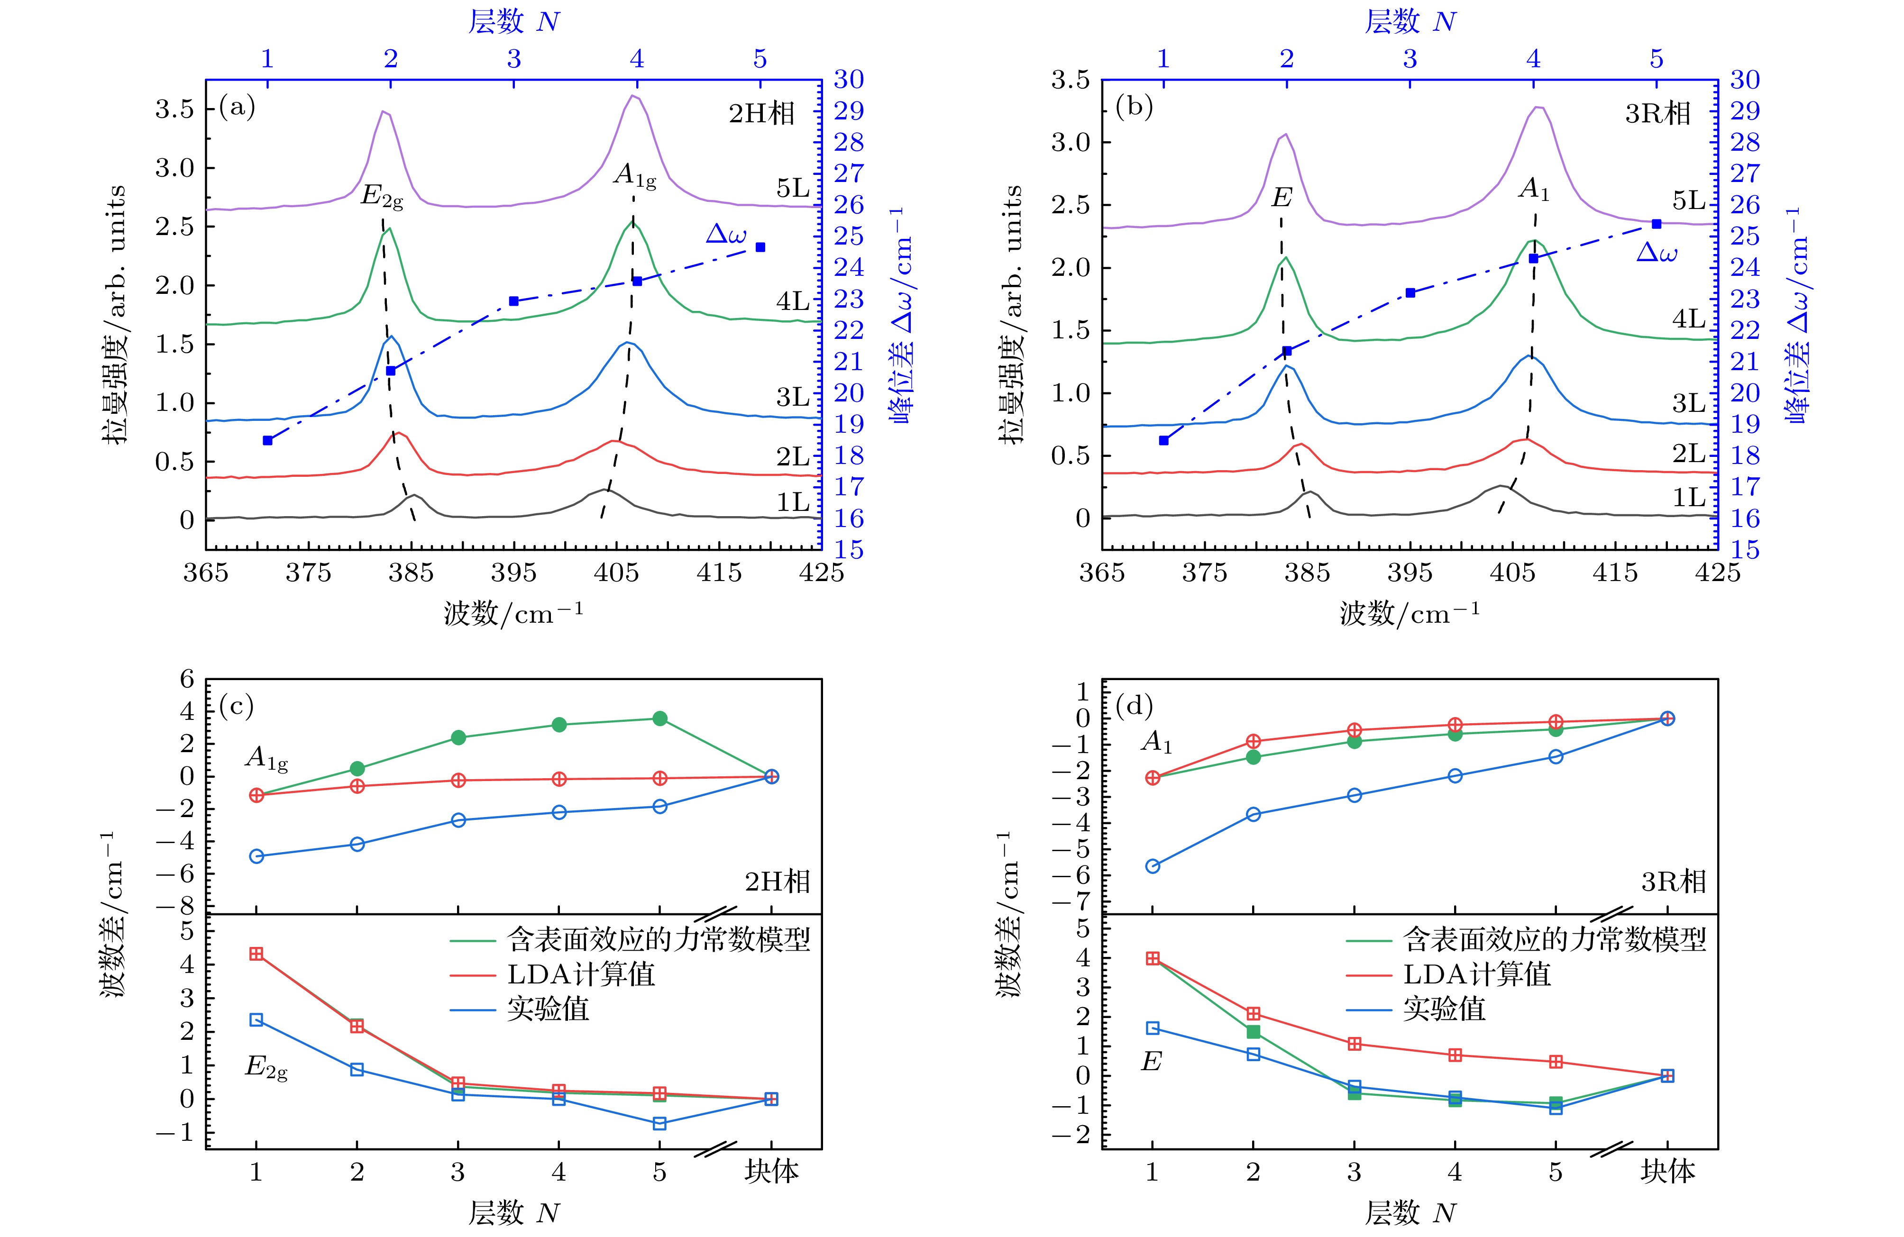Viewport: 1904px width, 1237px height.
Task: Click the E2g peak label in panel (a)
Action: (x=382, y=196)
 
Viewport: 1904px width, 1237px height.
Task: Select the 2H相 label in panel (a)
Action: (x=761, y=114)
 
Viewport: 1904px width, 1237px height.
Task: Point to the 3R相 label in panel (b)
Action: (x=1657, y=114)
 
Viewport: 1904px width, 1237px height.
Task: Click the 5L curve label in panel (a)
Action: (x=793, y=189)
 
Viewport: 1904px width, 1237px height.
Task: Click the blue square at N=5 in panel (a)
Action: (x=760, y=247)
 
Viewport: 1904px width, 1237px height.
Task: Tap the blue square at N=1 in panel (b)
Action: (x=1163, y=441)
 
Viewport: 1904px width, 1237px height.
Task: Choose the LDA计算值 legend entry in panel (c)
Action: (x=581, y=975)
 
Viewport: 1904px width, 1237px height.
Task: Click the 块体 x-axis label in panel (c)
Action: (x=771, y=1172)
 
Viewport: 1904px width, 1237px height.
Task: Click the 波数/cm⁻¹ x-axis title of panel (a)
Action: (x=513, y=614)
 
